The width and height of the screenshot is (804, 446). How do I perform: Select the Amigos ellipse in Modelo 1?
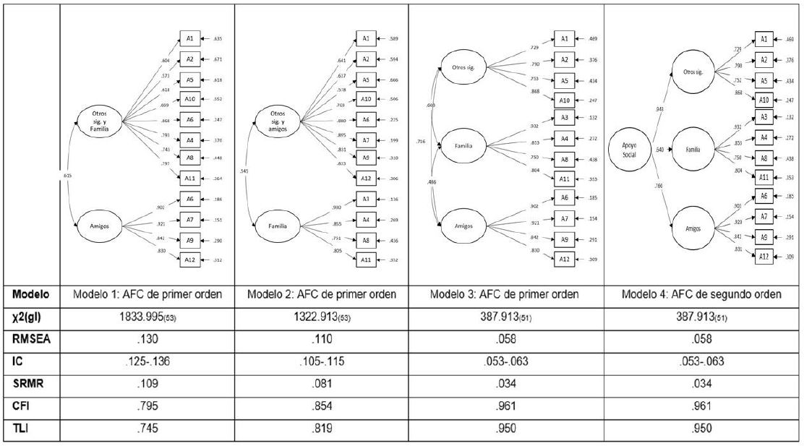100,226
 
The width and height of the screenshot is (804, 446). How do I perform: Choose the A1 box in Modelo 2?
365,38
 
